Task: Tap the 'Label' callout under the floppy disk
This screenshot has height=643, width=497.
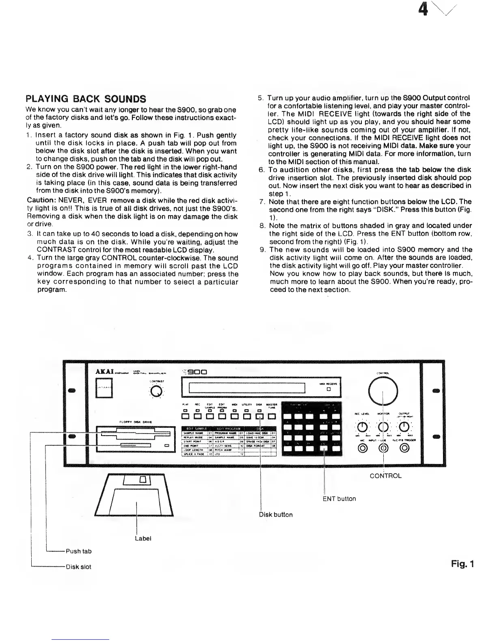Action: click(x=143, y=538)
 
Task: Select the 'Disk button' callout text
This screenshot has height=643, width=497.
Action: click(x=276, y=514)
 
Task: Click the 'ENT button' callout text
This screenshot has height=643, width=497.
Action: click(x=339, y=498)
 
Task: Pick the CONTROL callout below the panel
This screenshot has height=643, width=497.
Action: click(x=385, y=476)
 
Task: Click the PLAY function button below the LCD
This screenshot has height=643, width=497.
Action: click(x=186, y=416)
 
